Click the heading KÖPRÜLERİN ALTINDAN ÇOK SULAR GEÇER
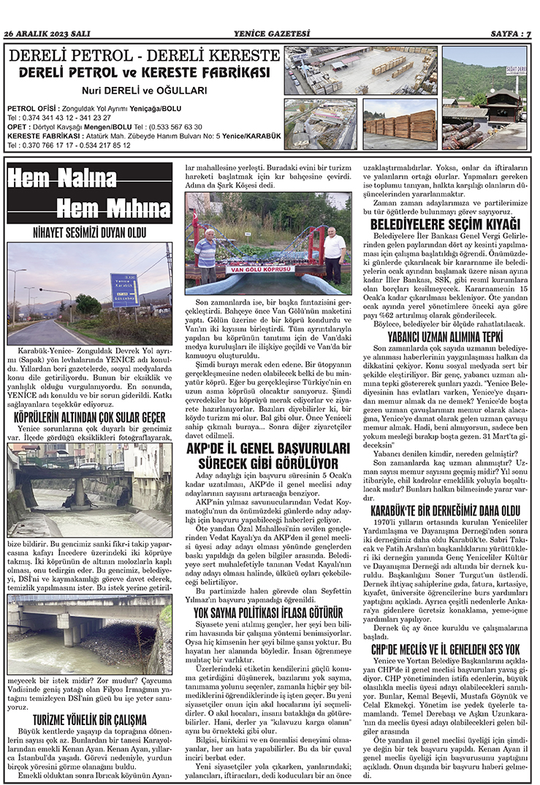[89, 416]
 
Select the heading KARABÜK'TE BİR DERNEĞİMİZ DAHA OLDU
[445, 508]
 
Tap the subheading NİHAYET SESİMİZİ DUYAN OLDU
[89, 234]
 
